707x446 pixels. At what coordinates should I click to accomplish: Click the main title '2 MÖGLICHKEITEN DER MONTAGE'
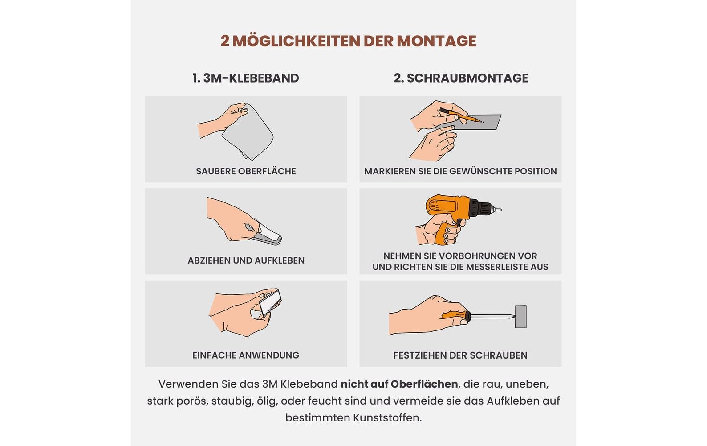(x=348, y=41)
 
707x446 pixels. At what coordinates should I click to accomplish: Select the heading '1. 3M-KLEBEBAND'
(x=246, y=78)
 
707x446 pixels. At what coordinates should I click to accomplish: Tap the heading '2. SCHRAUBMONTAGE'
(x=461, y=78)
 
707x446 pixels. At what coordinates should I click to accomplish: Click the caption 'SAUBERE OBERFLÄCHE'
(x=246, y=171)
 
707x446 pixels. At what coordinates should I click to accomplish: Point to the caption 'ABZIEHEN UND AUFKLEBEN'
(x=246, y=260)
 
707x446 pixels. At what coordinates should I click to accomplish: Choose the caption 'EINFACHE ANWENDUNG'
(x=246, y=355)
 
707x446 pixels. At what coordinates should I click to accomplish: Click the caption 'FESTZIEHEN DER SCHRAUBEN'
(x=460, y=355)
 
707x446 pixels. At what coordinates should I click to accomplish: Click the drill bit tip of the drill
(x=499, y=210)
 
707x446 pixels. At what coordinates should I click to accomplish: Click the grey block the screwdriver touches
(x=520, y=317)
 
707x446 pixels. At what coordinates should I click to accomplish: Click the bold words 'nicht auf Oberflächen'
(x=399, y=384)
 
